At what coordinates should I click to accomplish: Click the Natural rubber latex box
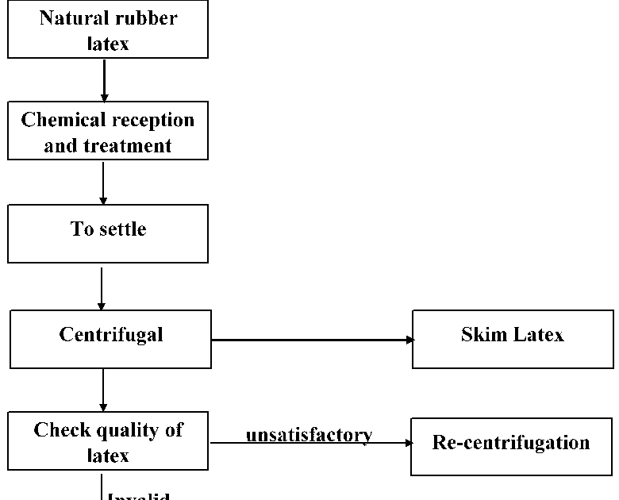[x=108, y=29]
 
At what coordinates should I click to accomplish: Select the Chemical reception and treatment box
[x=108, y=131]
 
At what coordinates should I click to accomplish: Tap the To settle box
[x=108, y=233]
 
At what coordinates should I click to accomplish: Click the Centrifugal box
[x=111, y=339]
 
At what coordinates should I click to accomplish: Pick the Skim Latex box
[x=513, y=339]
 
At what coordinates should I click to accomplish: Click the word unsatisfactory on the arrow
[x=309, y=435]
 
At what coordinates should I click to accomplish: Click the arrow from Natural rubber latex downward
[x=104, y=80]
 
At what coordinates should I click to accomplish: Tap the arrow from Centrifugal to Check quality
[x=103, y=390]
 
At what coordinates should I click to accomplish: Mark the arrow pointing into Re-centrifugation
[x=309, y=444]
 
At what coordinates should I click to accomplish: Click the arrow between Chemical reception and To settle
[x=103, y=183]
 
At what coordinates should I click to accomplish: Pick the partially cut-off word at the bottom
[x=138, y=497]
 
